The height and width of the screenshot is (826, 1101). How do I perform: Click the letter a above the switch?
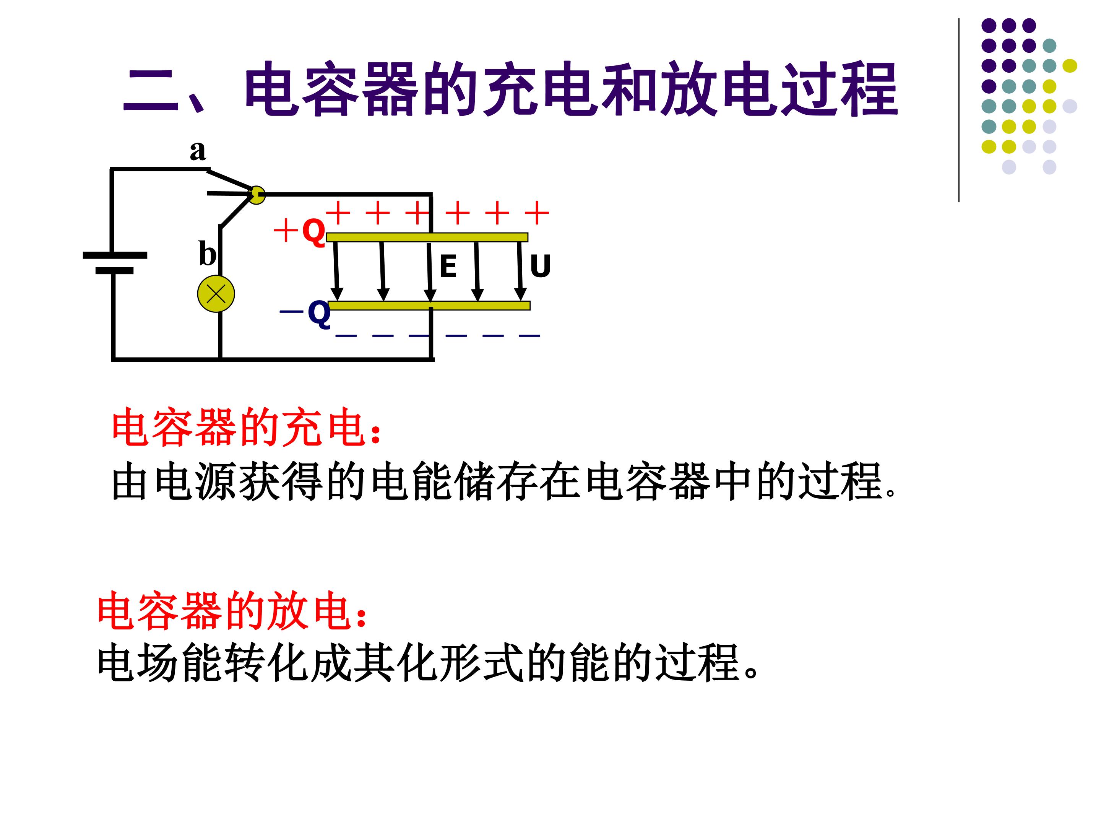(198, 150)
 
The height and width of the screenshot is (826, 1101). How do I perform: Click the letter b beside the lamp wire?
(208, 254)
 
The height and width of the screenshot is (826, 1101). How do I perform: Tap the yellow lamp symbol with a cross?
(216, 294)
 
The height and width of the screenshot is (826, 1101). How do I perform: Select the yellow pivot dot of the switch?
(257, 195)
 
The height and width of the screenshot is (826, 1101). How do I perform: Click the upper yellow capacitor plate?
(427, 237)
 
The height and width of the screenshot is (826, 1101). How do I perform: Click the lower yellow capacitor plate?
(429, 305)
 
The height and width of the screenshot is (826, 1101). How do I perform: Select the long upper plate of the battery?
(115, 255)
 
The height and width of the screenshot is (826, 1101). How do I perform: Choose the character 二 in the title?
(150, 89)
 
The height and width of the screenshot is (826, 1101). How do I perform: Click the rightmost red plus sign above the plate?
(537, 214)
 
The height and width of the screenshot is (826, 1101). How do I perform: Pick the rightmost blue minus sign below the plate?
(529, 336)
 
